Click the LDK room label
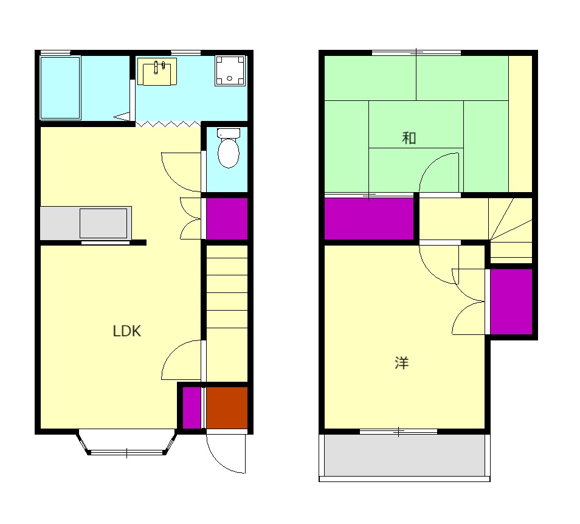127,331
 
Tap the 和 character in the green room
409,138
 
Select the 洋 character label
402,363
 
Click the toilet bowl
229,149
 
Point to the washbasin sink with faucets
157,72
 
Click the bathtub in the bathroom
60,88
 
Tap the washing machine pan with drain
230,71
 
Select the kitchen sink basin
103,223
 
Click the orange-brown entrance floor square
227,408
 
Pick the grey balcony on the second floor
405,455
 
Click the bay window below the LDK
127,443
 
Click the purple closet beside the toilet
227,219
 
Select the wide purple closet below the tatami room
369,219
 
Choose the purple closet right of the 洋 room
511,302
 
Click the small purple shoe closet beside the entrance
192,408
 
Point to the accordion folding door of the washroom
168,124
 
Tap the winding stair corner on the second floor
511,230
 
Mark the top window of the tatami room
416,53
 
